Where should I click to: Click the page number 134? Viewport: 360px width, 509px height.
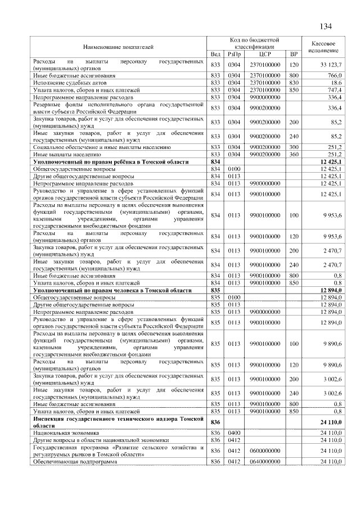(326, 26)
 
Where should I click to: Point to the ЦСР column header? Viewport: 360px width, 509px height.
(265, 54)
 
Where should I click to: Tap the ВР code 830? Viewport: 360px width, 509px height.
(293, 82)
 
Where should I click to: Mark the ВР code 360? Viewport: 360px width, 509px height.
(293, 154)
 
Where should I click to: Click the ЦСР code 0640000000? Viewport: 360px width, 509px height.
(265, 462)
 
